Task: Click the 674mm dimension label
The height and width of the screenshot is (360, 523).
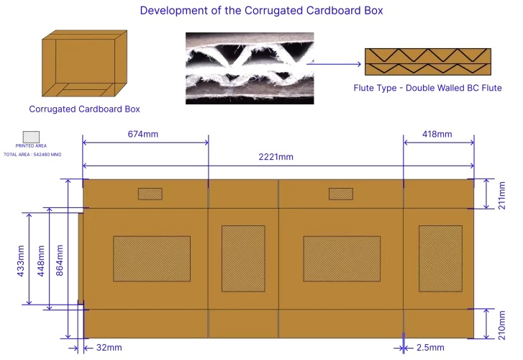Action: (x=142, y=134)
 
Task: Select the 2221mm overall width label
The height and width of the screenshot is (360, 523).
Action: (x=276, y=157)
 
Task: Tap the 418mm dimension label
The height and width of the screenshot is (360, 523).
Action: (x=437, y=134)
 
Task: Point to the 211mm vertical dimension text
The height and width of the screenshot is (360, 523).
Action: (x=501, y=194)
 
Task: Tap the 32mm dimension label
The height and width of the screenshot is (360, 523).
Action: (x=109, y=348)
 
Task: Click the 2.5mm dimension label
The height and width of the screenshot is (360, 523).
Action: (x=429, y=348)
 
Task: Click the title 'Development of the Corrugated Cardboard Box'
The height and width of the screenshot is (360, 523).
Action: (x=261, y=11)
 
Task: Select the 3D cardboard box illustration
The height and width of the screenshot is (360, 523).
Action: (x=85, y=64)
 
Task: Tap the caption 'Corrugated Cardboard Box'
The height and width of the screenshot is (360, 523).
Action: (x=84, y=109)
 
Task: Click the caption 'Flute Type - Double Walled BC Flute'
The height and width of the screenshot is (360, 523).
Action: (x=427, y=87)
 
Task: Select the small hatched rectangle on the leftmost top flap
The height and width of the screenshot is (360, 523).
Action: (x=150, y=194)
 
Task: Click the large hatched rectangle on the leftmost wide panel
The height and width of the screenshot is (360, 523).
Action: (x=152, y=258)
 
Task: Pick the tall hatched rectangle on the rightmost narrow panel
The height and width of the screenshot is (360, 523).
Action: (x=440, y=258)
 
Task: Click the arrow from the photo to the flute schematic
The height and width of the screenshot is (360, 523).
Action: (x=335, y=64)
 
